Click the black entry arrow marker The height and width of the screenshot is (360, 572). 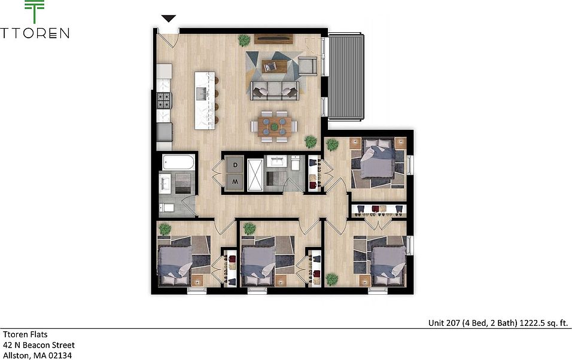[x=169, y=19]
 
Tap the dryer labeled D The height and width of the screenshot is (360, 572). [x=235, y=164]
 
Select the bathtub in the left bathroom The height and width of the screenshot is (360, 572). [x=178, y=162]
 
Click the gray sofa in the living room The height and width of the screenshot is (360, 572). [x=275, y=90]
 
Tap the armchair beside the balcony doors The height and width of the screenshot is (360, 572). [x=307, y=65]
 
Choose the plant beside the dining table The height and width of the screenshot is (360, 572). [x=311, y=141]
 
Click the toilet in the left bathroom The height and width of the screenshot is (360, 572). [x=168, y=208]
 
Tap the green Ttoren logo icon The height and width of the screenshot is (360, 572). [x=35, y=13]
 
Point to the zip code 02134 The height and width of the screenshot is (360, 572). [x=59, y=355]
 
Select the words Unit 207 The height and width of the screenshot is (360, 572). [x=444, y=323]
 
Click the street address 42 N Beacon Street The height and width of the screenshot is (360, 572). [x=39, y=345]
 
